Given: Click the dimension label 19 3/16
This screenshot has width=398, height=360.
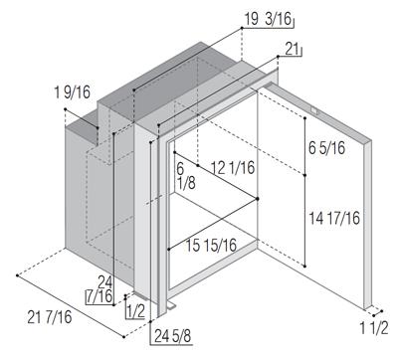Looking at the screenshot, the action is [x=269, y=19].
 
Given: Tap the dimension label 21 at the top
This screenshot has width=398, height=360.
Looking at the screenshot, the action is [x=293, y=50].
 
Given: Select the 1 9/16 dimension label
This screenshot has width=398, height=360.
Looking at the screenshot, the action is [x=73, y=92].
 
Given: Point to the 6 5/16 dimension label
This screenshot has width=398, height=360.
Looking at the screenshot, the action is [x=327, y=148].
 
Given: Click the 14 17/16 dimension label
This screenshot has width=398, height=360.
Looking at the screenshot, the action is [x=334, y=218].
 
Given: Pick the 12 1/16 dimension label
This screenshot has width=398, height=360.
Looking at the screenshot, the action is [x=233, y=168].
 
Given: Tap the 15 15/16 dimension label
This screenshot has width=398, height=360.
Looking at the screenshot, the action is [x=211, y=246].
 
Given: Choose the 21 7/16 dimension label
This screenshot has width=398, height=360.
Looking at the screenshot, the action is [x=50, y=317].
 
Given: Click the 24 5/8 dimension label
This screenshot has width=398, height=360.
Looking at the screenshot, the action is [x=173, y=337].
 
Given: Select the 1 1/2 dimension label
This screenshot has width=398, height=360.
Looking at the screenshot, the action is [x=374, y=328].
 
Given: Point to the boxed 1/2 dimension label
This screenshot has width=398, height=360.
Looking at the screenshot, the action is [x=136, y=311].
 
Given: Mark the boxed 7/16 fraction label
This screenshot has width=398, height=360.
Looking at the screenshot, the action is [x=99, y=296].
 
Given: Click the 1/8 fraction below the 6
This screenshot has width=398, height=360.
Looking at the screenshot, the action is [x=186, y=183].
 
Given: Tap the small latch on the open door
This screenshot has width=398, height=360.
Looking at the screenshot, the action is [x=314, y=111].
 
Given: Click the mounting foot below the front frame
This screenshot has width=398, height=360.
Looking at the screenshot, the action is [x=171, y=306].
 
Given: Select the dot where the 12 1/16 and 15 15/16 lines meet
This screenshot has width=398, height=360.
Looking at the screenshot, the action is [x=258, y=199].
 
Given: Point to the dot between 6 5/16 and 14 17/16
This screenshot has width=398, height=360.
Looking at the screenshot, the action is [x=304, y=175].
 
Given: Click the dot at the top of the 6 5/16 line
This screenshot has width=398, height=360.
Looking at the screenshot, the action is [x=304, y=117].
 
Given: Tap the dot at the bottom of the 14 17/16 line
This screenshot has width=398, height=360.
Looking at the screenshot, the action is [x=304, y=267].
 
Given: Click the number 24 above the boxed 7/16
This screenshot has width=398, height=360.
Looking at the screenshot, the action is [x=104, y=282].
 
